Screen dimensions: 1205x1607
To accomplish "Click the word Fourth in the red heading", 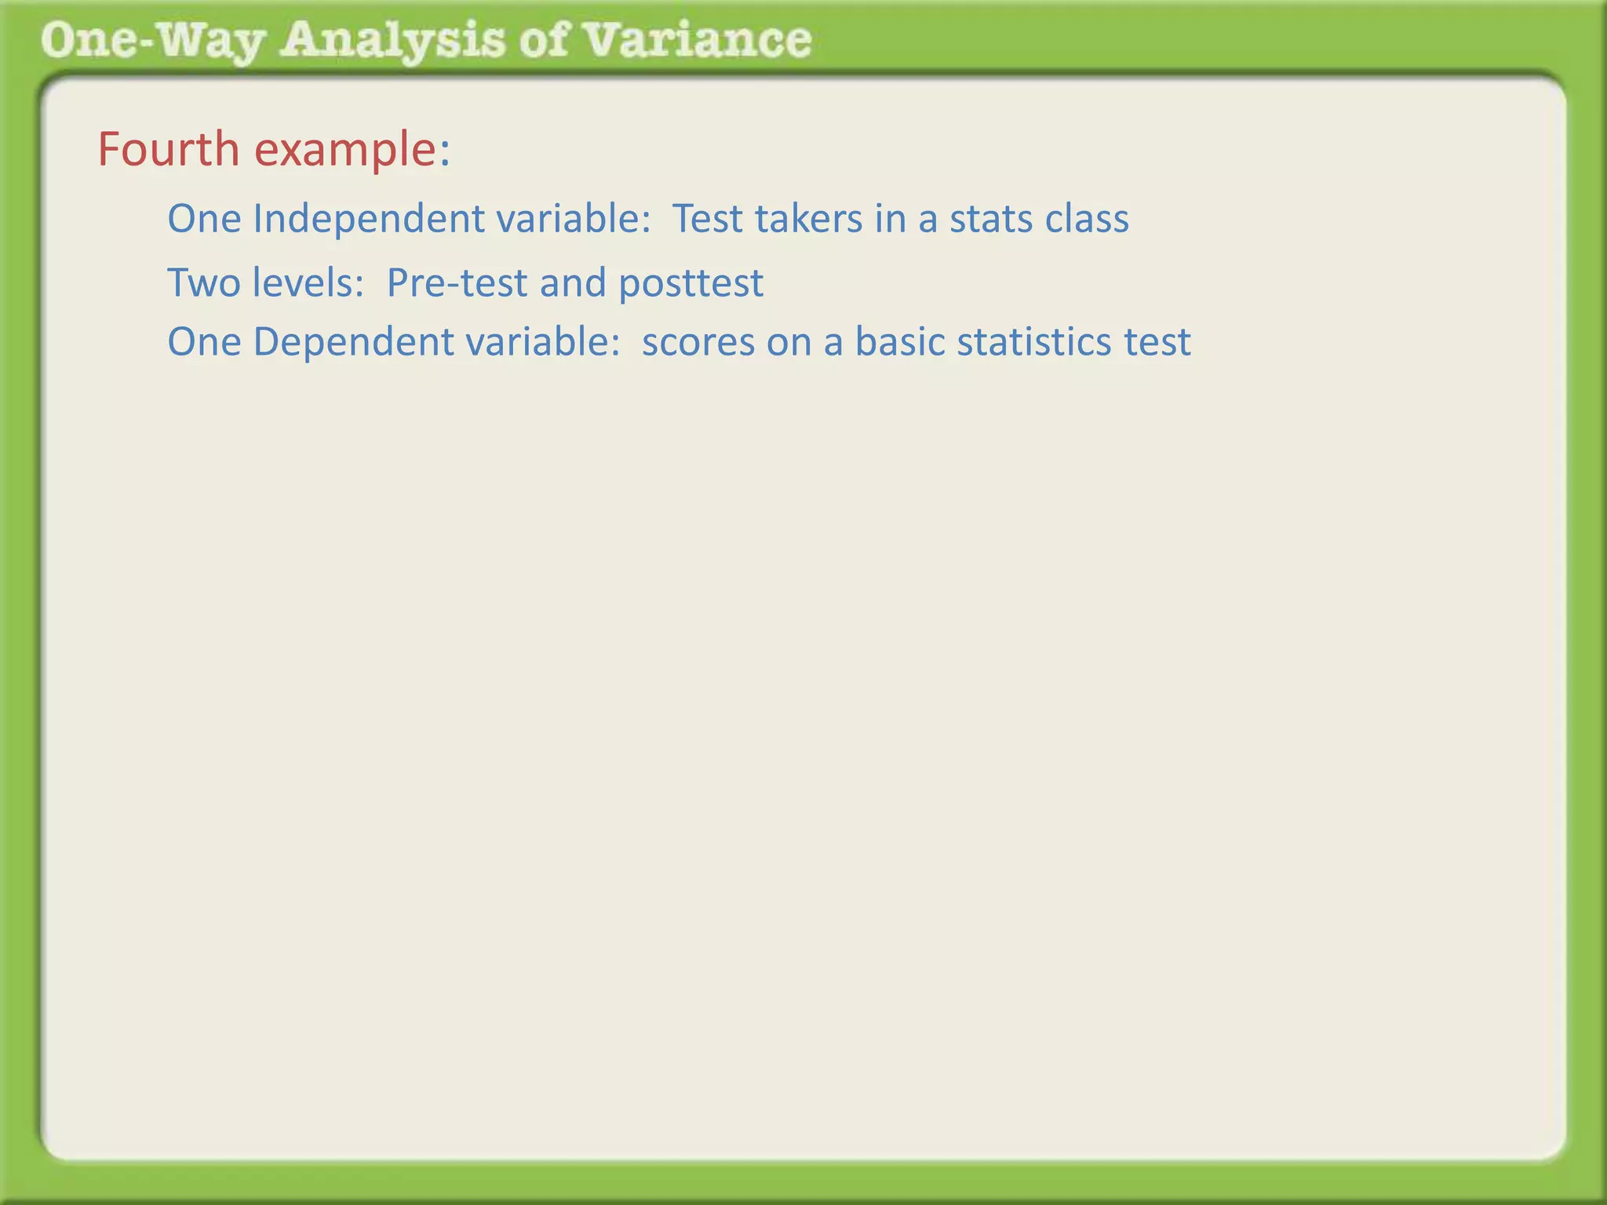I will [x=168, y=149].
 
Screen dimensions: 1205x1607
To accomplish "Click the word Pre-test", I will [x=457, y=282].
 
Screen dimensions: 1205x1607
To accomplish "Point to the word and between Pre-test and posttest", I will [x=573, y=282].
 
